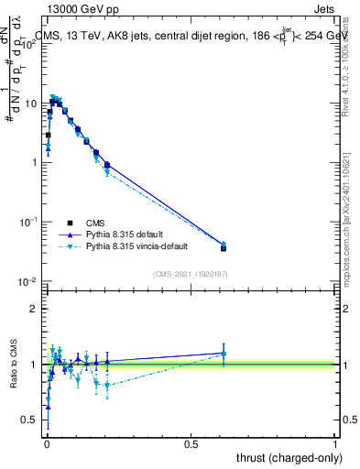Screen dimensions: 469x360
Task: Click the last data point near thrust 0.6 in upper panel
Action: click(224, 246)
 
